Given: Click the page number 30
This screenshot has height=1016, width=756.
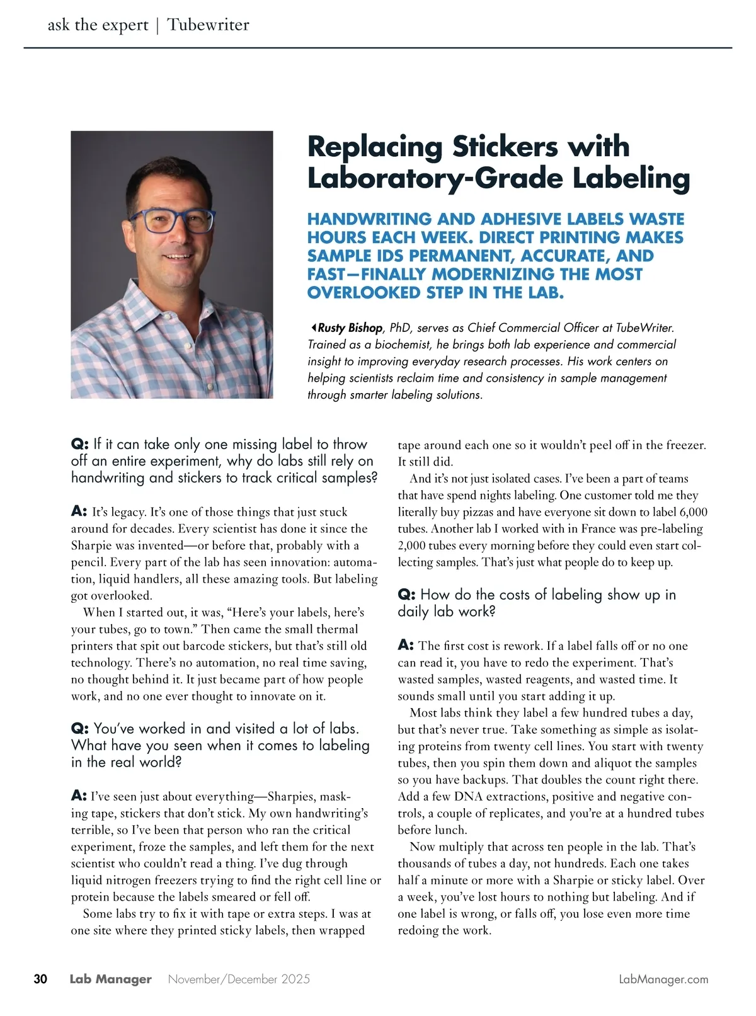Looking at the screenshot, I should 40,979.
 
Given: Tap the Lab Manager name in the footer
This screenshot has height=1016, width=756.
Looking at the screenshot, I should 111,979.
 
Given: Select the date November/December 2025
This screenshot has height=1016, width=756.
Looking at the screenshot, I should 239,979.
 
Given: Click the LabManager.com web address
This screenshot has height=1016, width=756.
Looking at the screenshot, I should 663,979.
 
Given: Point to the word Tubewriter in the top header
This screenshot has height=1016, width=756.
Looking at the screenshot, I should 209,25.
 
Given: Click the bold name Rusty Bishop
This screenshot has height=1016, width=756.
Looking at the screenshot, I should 350,328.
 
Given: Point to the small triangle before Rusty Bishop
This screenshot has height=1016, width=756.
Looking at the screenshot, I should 312,328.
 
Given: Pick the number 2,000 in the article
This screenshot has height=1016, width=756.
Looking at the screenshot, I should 413,545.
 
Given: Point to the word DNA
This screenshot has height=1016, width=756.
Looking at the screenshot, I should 467,796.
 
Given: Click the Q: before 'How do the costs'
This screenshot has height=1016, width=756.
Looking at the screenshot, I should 406,595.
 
